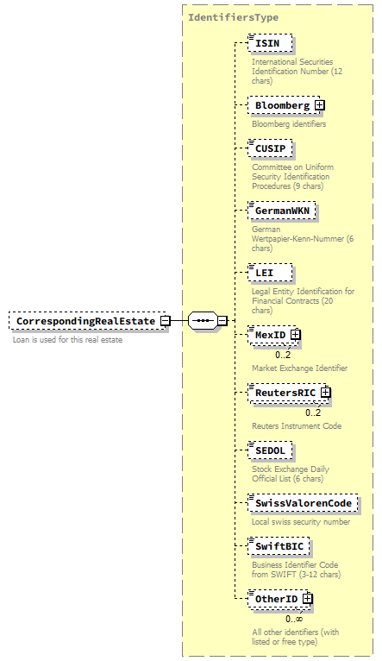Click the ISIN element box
269,43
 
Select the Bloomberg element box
280,105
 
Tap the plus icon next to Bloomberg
319,105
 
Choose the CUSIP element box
271,148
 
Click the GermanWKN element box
282,210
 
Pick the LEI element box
268,272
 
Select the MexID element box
269,334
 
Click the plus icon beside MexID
296,334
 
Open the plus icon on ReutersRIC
326,393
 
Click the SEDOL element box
270,450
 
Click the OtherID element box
274,599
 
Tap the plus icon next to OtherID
307,599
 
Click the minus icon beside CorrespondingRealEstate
165,321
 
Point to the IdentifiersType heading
233,17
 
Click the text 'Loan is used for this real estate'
67,340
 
